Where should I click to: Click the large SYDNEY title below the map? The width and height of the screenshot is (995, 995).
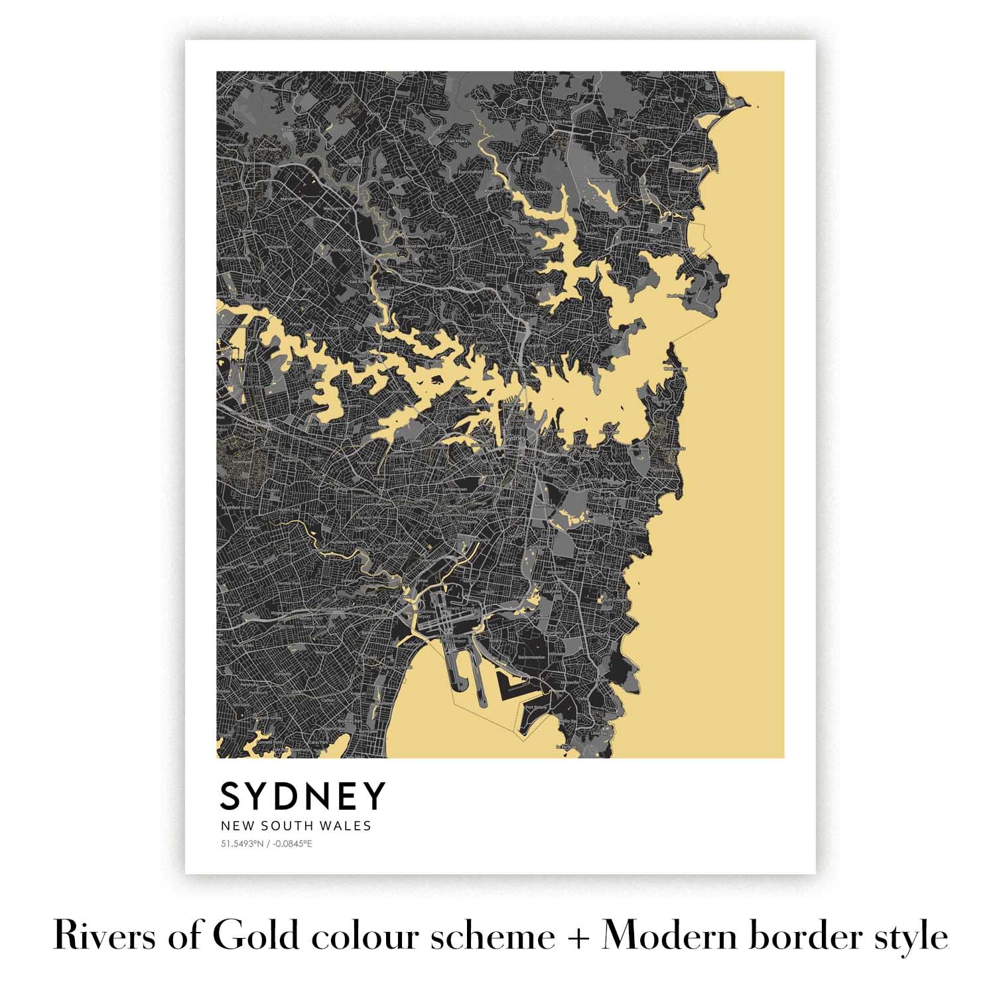click(x=302, y=796)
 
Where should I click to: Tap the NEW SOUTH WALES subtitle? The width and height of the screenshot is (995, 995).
click(x=295, y=827)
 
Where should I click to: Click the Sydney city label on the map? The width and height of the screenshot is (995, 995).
click(x=515, y=438)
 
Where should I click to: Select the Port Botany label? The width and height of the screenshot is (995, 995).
click(x=535, y=708)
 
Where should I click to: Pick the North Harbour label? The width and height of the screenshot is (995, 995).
click(x=680, y=296)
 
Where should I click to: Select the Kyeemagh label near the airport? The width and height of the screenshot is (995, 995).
click(x=413, y=643)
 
